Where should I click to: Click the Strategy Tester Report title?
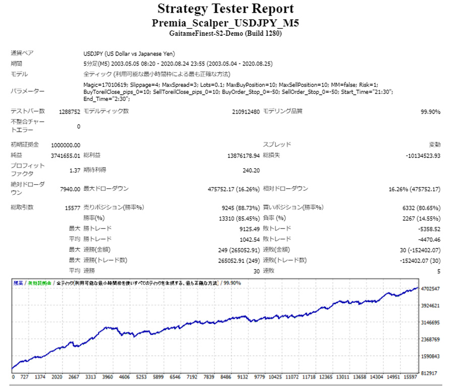[225, 9]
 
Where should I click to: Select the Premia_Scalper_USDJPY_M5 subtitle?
[225, 23]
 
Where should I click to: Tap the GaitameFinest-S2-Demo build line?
[225, 34]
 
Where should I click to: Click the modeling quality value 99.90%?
[430, 112]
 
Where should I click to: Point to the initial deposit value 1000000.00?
[66, 145]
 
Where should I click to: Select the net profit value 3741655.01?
[66, 156]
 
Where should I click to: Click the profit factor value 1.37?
[75, 171]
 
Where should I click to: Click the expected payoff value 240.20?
[251, 171]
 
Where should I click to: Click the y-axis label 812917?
[432, 373]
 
